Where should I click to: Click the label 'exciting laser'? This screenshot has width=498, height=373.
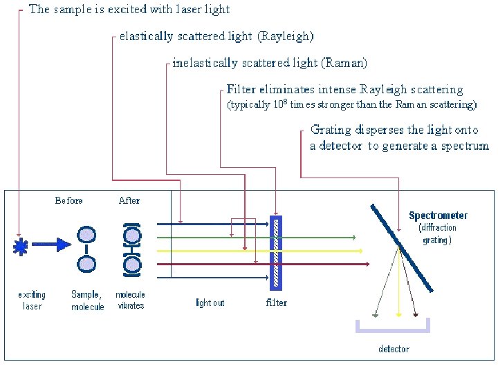(32, 300)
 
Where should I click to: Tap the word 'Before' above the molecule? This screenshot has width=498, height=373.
(68, 201)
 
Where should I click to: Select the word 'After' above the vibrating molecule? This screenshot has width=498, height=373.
(129, 201)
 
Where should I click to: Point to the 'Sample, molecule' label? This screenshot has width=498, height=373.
(87, 300)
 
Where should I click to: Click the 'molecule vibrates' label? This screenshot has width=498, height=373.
(130, 300)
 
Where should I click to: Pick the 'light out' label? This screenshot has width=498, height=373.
(210, 303)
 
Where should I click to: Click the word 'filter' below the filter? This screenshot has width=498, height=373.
(276, 303)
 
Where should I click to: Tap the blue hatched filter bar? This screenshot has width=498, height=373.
(276, 254)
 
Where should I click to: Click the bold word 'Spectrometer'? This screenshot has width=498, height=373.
(438, 216)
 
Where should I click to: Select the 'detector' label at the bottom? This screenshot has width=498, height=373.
(394, 349)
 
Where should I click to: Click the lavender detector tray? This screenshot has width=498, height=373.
(392, 329)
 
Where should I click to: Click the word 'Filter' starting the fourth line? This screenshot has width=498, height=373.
(241, 90)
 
